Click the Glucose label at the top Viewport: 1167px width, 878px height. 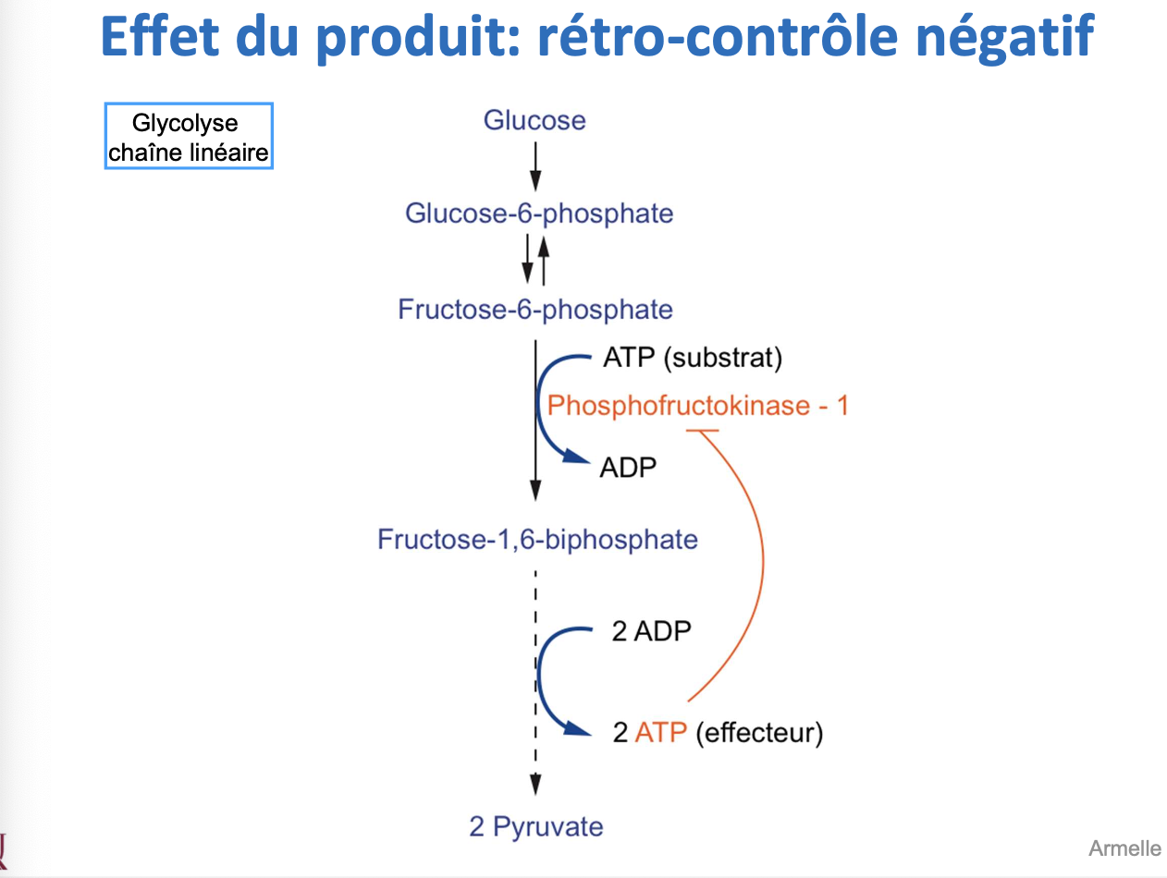(x=534, y=120)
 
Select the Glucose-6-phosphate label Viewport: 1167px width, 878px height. (x=539, y=213)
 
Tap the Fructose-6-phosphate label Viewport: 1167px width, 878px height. (x=535, y=309)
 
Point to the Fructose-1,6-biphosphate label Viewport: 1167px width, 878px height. (x=537, y=539)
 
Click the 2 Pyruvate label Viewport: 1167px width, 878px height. (x=535, y=825)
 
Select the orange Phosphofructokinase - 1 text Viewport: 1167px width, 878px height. (x=697, y=405)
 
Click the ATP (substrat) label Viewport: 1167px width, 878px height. (x=693, y=358)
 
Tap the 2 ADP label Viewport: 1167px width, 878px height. (x=651, y=631)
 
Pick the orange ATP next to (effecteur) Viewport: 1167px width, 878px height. (x=660, y=733)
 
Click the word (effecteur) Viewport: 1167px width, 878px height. (x=758, y=733)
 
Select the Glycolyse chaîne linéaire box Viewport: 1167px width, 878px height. (x=189, y=137)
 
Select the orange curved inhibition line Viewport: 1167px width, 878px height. (x=761, y=564)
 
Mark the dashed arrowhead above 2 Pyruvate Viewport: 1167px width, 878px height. (x=535, y=785)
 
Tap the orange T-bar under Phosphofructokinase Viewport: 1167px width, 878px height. (x=703, y=430)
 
